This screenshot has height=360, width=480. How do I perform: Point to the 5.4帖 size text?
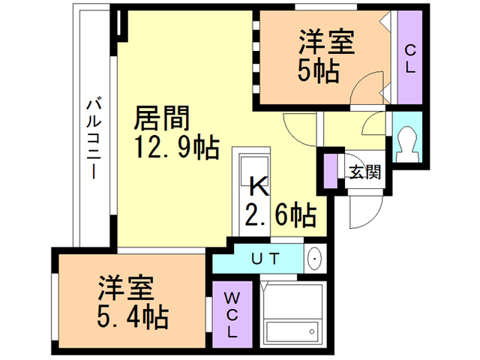pos(131,315)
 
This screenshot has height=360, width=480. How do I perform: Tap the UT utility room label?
pos(265,259)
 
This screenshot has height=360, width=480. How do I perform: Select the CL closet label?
pos(410,58)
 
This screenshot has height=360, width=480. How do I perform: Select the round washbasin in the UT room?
pos(314,259)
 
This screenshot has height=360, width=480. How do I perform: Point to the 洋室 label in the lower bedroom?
pos(125,287)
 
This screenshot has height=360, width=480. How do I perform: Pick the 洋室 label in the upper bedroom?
pos(328,41)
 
